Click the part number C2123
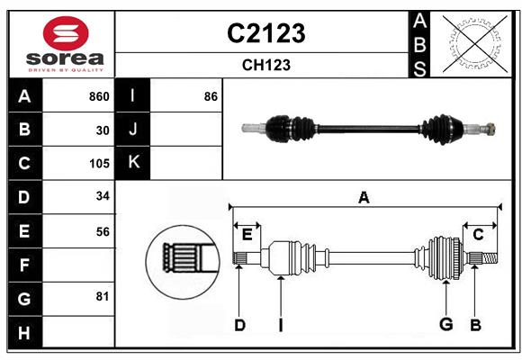click(x=265, y=33)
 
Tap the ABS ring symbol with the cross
click(x=472, y=42)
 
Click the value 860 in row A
click(x=99, y=96)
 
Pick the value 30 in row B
click(x=103, y=130)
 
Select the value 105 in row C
click(x=99, y=164)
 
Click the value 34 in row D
click(x=103, y=197)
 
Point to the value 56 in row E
click(x=103, y=231)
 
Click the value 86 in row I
click(x=211, y=96)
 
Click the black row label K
click(x=133, y=163)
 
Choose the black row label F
click(x=24, y=265)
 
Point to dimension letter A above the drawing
click(x=364, y=197)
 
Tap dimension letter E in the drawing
click(x=247, y=235)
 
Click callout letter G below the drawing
click(x=445, y=324)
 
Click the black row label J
click(x=133, y=130)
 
